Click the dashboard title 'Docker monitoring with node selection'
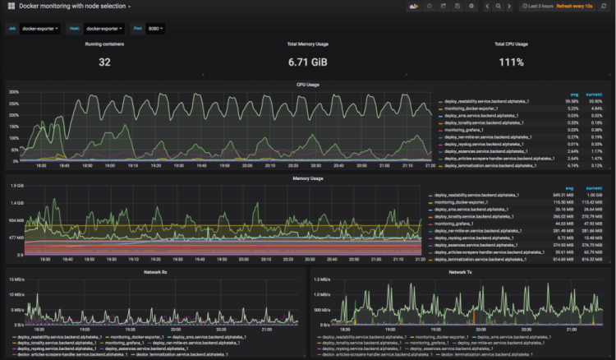coord(74,7)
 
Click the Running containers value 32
coord(104,62)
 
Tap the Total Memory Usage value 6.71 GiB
coord(307,62)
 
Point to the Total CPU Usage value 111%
coord(511,62)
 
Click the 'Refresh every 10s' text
coord(584,7)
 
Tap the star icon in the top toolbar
coord(430,7)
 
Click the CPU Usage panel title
coord(307,84)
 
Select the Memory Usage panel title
coord(307,177)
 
